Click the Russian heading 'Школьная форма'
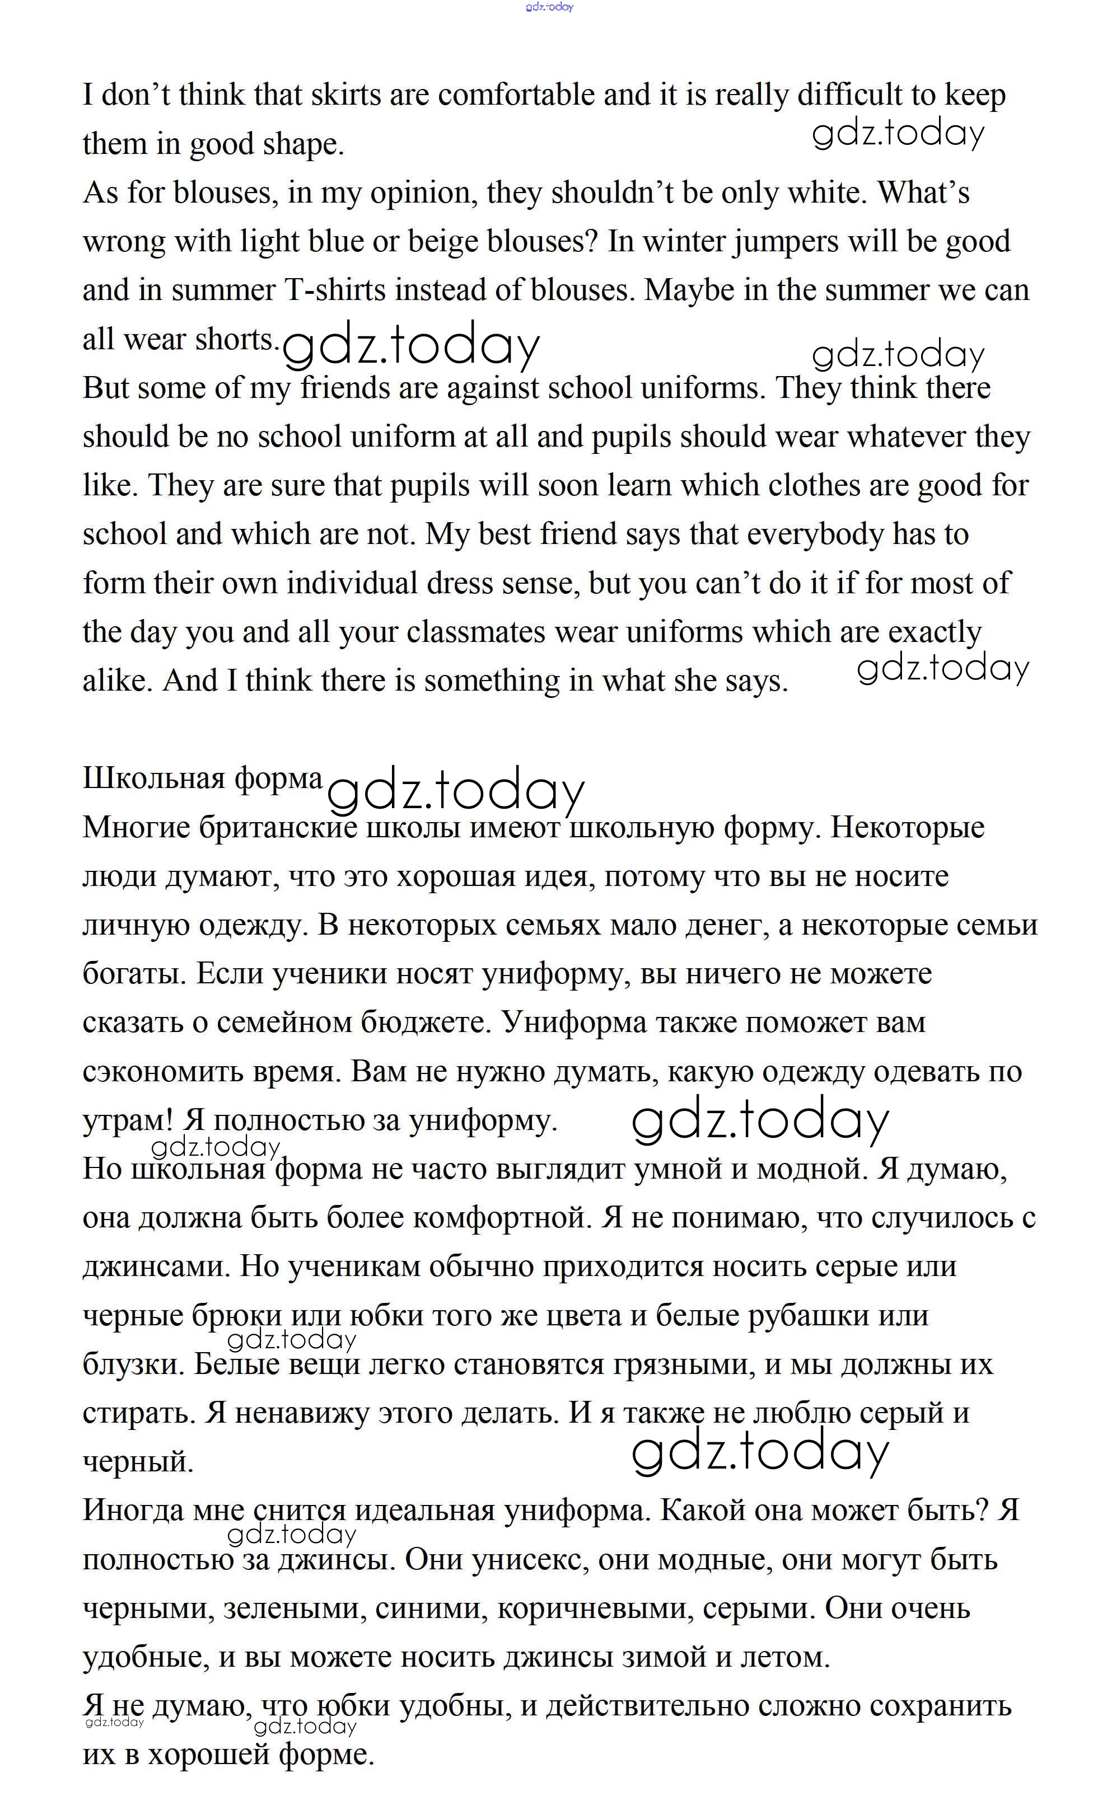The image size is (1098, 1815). (203, 778)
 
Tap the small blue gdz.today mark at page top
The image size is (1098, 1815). (549, 7)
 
